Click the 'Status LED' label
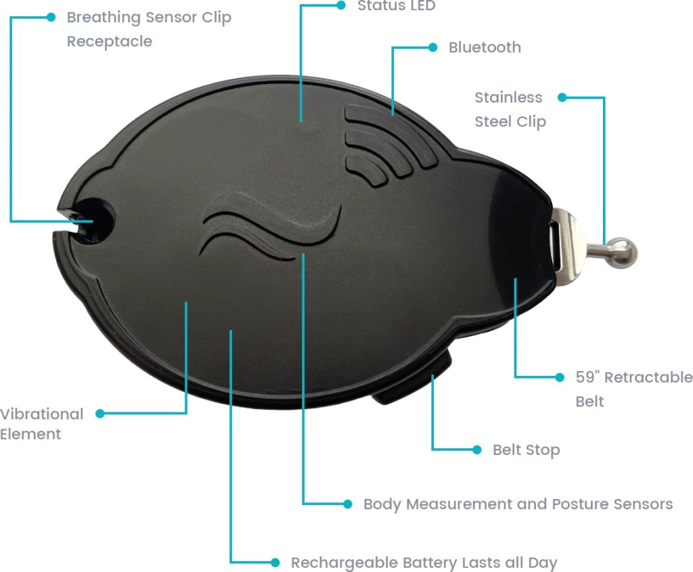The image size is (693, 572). click(396, 6)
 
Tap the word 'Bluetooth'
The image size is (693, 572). click(485, 47)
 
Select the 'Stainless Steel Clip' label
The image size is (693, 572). click(509, 110)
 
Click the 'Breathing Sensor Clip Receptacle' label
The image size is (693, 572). click(149, 29)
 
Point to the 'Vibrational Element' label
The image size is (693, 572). click(41, 424)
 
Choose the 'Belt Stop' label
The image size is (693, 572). click(526, 450)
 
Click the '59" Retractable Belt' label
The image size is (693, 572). click(633, 389)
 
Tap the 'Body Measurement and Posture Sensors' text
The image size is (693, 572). click(518, 504)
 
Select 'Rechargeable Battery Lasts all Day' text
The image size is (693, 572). click(424, 563)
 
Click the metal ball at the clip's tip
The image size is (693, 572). click(622, 252)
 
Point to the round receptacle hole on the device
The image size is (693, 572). click(94, 218)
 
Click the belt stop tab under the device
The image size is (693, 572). click(413, 386)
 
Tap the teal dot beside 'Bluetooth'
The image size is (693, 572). click(433, 47)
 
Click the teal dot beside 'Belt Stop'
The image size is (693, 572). click(477, 450)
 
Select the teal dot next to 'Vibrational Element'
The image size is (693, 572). click(100, 413)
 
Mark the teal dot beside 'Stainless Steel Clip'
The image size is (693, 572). click(560, 97)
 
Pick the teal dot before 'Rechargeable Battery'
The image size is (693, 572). click(275, 563)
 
